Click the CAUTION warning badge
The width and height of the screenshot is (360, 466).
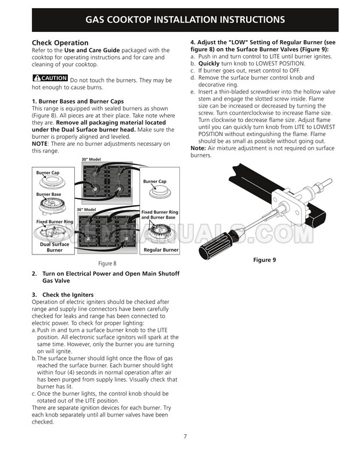pyautogui.click(x=50, y=78)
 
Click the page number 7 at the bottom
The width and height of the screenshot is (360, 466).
pyautogui.click(x=185, y=436)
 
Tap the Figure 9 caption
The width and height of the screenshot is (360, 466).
pyautogui.click(x=264, y=260)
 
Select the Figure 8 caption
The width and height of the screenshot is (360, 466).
pyautogui.click(x=107, y=263)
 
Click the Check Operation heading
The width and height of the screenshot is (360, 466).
pyautogui.click(x=60, y=43)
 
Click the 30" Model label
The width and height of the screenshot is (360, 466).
pyautogui.click(x=91, y=159)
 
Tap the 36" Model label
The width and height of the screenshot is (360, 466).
pyautogui.click(x=87, y=210)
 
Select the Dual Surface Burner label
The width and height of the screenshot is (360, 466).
pyautogui.click(x=55, y=248)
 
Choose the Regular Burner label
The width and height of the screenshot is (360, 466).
pyautogui.click(x=161, y=250)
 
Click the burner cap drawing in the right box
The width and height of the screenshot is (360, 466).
pyautogui.click(x=160, y=192)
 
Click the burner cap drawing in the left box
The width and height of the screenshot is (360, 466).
pyautogui.click(x=52, y=182)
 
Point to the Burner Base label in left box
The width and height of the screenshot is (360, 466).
pyautogui.click(x=49, y=195)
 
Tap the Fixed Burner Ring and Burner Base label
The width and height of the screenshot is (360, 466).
pyautogui.click(x=160, y=214)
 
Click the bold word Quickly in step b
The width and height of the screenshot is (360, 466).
pyautogui.click(x=209, y=63)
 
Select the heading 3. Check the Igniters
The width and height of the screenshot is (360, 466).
pyautogui.click(x=63, y=295)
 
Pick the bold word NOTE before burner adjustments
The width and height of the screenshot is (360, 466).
pyautogui.click(x=40, y=144)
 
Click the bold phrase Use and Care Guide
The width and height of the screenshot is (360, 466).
pyautogui.click(x=92, y=50)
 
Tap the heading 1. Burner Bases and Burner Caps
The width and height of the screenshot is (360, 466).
pyautogui.click(x=78, y=101)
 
